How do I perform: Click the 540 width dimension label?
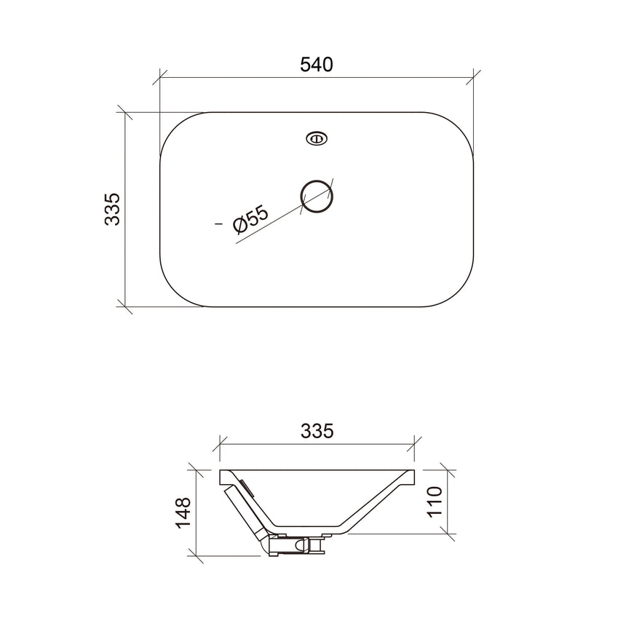click(x=317, y=64)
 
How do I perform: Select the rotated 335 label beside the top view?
click(x=111, y=210)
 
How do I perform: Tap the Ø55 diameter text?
click(x=251, y=220)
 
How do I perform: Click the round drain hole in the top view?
click(x=317, y=196)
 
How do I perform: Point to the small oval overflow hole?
click(x=317, y=138)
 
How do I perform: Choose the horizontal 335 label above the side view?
click(x=317, y=431)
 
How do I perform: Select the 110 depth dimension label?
click(x=435, y=502)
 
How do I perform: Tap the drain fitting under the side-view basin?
click(x=295, y=544)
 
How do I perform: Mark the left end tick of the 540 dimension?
click(x=160, y=75)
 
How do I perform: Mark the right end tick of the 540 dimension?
click(x=475, y=75)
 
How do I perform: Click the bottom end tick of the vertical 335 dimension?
click(x=125, y=306)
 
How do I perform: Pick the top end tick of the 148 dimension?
click(x=195, y=469)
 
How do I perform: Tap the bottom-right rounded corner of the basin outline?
click(x=461, y=293)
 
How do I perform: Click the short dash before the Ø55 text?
click(x=219, y=226)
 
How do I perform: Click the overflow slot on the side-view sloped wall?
click(x=245, y=486)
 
